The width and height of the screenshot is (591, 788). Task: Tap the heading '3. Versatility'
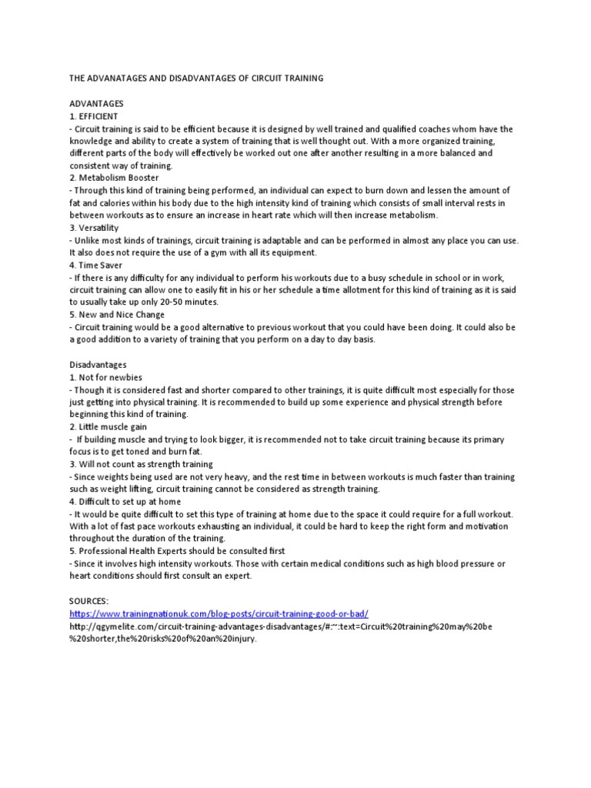(x=95, y=228)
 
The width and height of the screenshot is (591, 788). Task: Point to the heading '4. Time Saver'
(x=96, y=265)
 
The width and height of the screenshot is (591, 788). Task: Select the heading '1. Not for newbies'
(x=105, y=377)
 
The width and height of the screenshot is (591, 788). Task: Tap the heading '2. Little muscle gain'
(x=108, y=427)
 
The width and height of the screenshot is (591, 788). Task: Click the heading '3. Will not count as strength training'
(x=141, y=465)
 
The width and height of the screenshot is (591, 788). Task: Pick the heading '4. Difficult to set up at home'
(x=128, y=502)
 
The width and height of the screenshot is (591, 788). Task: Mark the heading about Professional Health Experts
(x=177, y=552)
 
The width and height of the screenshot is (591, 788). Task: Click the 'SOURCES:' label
(x=90, y=601)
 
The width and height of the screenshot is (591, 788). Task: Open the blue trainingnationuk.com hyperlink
(x=219, y=614)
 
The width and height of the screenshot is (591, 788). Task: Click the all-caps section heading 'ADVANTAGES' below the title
(x=96, y=103)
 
